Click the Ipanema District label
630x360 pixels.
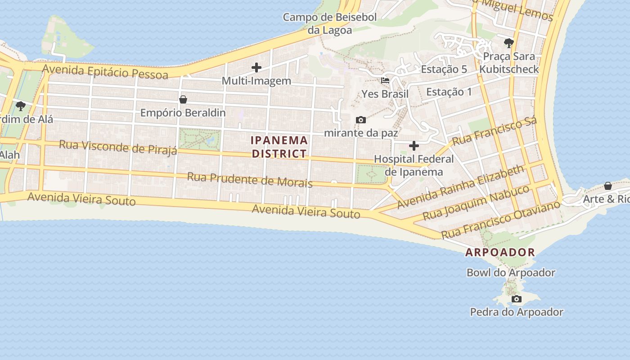point(279,147)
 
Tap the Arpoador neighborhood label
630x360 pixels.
point(500,252)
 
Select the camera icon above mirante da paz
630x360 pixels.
point(360,120)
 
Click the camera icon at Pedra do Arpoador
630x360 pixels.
point(517,299)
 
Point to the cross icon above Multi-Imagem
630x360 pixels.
point(256,68)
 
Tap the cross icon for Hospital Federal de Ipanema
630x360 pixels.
point(414,146)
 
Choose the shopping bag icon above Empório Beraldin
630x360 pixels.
point(183,99)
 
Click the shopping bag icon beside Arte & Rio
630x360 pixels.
point(608,186)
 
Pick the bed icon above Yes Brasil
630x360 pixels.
point(385,81)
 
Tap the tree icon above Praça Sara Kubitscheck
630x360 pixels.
point(509,43)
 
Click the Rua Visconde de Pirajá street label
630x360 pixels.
point(118,147)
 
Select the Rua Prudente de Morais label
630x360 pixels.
point(250,179)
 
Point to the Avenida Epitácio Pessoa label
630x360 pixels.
point(105,71)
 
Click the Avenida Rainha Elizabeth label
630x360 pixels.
point(460,186)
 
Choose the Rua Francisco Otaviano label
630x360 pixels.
point(500,220)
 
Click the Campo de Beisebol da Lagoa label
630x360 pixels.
point(330,24)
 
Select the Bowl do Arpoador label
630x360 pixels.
point(511,273)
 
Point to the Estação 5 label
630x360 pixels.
point(444,69)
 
